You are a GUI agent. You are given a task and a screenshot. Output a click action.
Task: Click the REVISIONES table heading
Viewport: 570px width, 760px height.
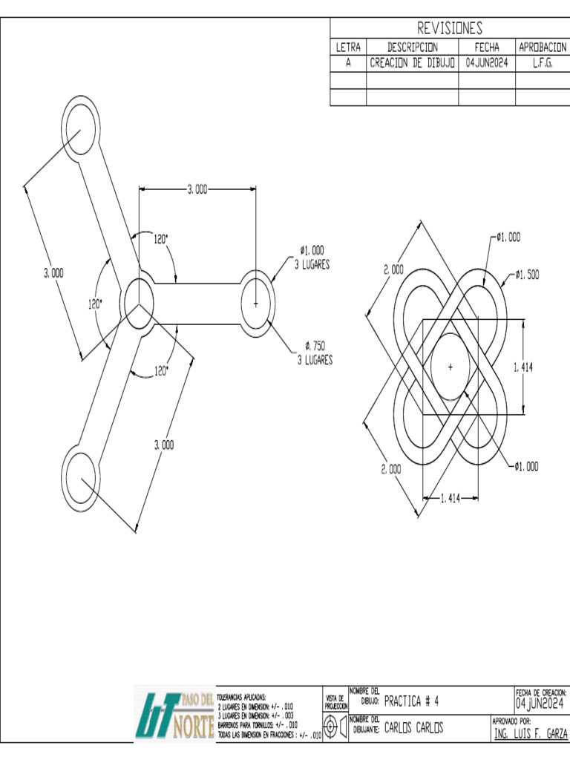[x=450, y=28]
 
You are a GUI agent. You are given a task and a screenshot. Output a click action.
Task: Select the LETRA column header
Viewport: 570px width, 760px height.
[x=348, y=47]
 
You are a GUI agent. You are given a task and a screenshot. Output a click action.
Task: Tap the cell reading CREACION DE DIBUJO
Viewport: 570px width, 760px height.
[x=412, y=64]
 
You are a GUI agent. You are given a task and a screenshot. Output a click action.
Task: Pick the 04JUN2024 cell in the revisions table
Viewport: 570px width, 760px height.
[x=486, y=64]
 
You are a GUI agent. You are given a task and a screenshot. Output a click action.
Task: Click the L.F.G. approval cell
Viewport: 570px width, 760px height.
[x=542, y=64]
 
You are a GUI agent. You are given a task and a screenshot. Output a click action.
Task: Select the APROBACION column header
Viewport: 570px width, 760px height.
[x=542, y=47]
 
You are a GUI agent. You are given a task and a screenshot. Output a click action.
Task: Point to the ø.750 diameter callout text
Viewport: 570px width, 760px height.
[x=314, y=346]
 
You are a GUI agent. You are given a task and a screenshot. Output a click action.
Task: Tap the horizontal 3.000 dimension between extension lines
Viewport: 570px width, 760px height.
[x=196, y=190]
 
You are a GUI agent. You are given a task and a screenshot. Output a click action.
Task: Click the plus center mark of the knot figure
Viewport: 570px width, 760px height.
[x=451, y=367]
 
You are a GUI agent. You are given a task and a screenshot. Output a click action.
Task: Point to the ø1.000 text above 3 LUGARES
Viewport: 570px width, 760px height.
[x=312, y=251]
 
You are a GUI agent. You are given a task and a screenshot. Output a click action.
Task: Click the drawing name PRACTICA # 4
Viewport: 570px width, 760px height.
[x=412, y=701]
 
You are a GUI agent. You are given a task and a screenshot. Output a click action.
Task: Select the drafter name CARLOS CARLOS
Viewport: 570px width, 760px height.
[x=413, y=728]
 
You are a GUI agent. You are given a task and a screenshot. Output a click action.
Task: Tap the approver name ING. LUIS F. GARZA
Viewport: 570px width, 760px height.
[x=530, y=734]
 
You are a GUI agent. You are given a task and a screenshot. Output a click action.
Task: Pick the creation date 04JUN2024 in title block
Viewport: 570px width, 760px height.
[x=540, y=702]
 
